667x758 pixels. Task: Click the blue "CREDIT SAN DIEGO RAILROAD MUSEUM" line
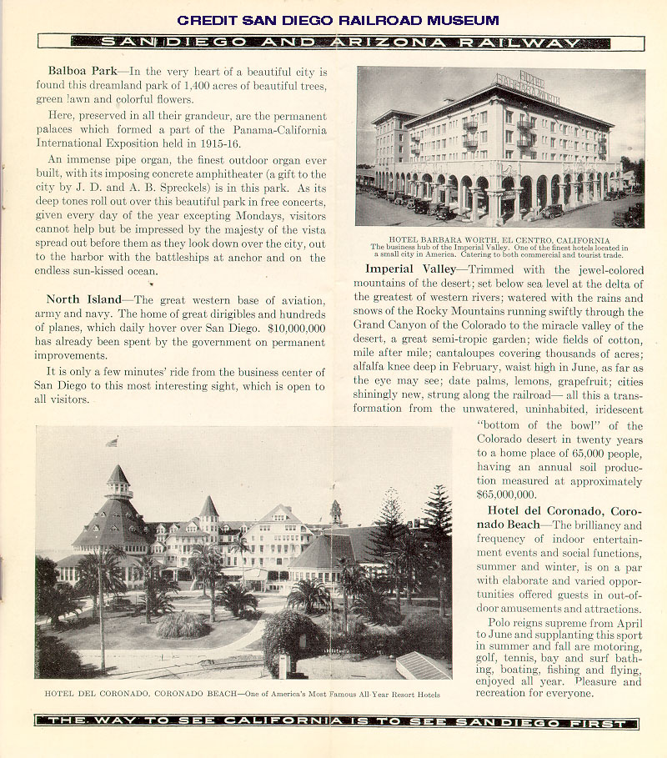tap(338, 20)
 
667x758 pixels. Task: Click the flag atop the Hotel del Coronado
tap(112, 442)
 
